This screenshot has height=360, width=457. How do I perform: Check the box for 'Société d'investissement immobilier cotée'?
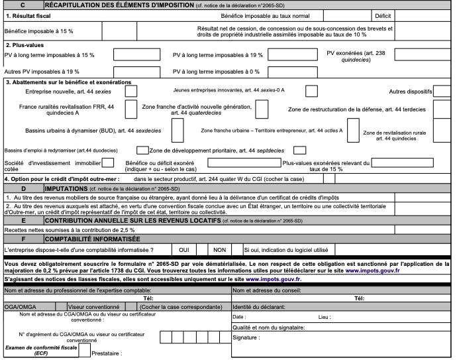point(108,162)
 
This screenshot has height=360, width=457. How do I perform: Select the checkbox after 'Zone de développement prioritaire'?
point(299,150)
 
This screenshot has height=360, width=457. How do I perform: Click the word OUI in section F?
point(185,249)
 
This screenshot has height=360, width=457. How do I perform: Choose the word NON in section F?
point(219,249)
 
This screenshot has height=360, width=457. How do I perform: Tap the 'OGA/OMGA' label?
point(16,307)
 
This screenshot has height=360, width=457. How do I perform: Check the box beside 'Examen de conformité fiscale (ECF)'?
point(84,349)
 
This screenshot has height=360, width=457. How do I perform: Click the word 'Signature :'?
point(246,337)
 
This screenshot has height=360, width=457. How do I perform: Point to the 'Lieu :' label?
point(325,317)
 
